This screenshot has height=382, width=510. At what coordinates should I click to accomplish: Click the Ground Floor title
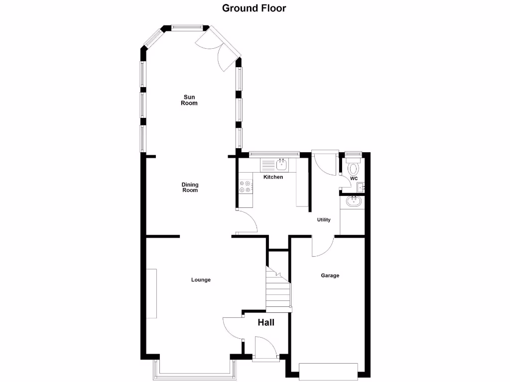[x=254, y=8]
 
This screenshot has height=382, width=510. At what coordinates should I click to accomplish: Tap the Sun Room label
[x=190, y=100]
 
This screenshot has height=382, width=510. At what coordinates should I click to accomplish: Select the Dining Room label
[x=190, y=187]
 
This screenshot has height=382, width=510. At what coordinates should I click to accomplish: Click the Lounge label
[x=201, y=280]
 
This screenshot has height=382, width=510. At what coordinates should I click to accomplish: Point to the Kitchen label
[x=273, y=177]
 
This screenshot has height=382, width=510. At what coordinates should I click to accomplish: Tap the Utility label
[x=324, y=220]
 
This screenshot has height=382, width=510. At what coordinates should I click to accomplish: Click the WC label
[x=354, y=179]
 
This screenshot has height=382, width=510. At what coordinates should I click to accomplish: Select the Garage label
[x=330, y=275]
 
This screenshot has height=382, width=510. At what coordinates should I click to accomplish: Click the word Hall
[x=266, y=322]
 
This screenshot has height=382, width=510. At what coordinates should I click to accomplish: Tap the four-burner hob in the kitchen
[x=245, y=186]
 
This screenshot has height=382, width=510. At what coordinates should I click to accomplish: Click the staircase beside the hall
[x=277, y=291]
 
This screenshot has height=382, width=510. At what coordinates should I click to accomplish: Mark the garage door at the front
[x=328, y=371]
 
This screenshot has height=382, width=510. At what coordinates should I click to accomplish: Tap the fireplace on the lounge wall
[x=151, y=293]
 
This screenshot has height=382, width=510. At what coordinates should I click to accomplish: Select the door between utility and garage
[x=323, y=246]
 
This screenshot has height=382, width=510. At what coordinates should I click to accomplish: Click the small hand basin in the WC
[x=361, y=188]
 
